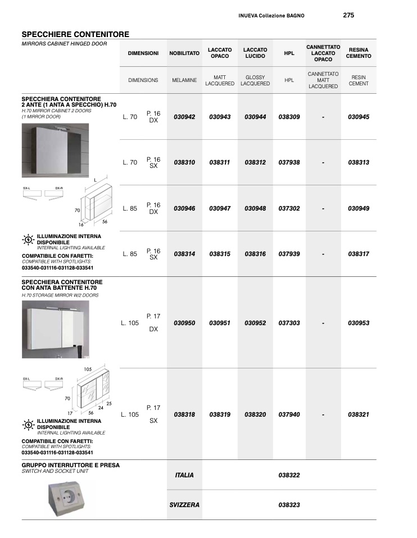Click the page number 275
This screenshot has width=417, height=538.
coord(348,15)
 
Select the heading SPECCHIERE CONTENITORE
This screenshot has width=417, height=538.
coord(75,34)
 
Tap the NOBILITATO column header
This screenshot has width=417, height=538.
coord(184,53)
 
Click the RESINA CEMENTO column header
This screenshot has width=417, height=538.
coord(358,53)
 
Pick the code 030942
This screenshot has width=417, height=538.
coord(184,117)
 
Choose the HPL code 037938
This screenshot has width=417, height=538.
coord(289,162)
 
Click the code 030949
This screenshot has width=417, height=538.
coord(358,208)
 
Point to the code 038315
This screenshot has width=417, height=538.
coord(220,254)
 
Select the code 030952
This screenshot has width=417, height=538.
coord(255,323)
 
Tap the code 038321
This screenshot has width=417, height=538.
coord(358,414)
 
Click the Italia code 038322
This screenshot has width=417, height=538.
coord(289,475)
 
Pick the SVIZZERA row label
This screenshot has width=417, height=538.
coord(184,505)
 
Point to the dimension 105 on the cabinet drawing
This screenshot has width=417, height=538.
coord(88,369)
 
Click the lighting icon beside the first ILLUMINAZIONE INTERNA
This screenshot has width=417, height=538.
coord(28,239)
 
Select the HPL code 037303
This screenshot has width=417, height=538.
coord(289,323)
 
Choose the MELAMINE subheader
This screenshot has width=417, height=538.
coord(184,80)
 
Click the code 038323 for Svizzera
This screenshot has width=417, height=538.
coord(289,505)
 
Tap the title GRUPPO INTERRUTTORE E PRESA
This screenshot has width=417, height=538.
coord(71,465)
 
